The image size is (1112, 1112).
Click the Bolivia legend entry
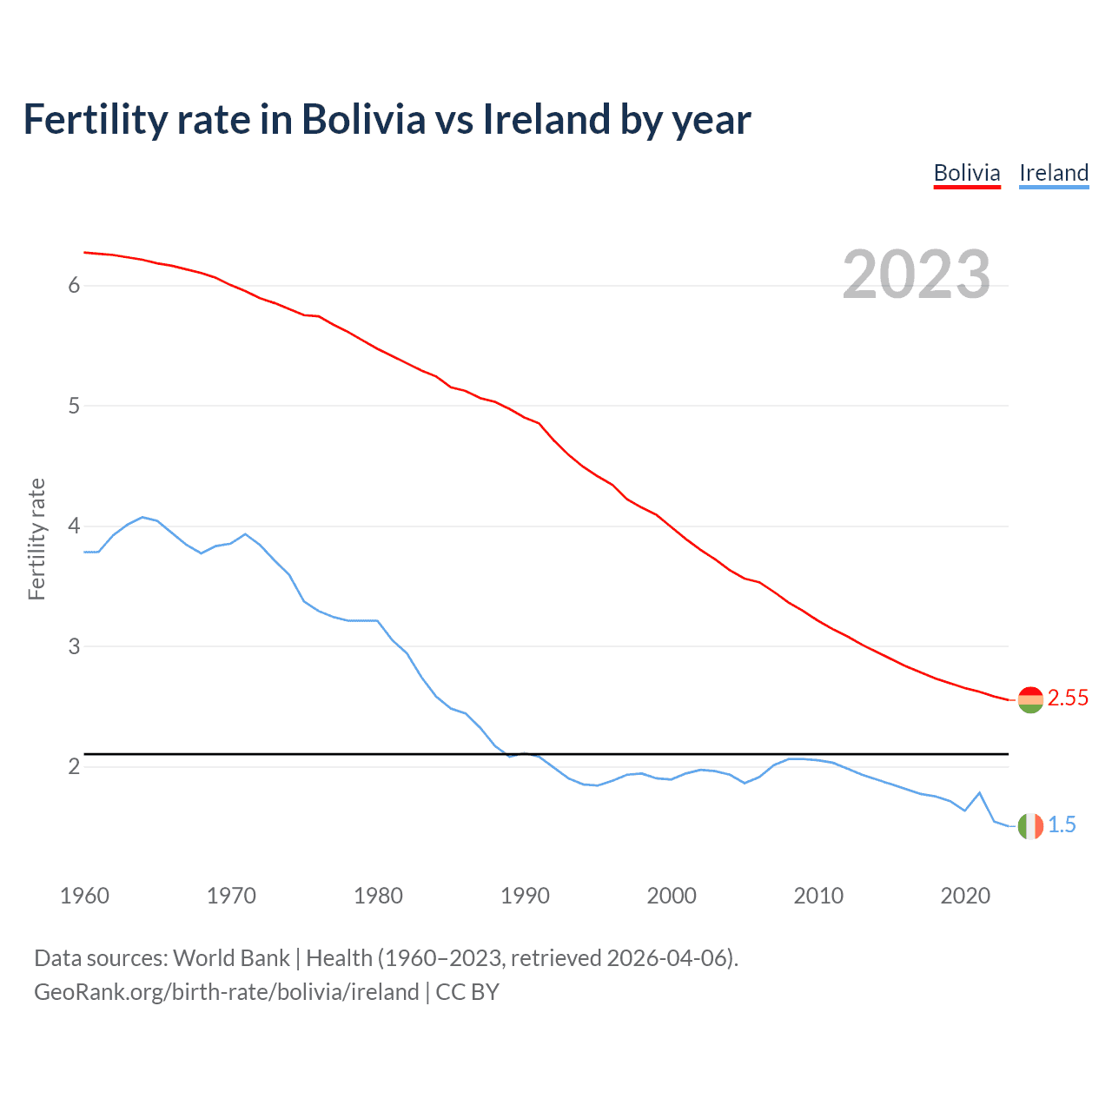click(967, 173)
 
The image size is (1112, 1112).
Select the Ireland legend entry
click(1054, 173)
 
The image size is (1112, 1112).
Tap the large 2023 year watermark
click(916, 275)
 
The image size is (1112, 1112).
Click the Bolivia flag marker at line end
click(1030, 699)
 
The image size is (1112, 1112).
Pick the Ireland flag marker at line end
click(1030, 826)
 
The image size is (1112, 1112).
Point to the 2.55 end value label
click(1068, 698)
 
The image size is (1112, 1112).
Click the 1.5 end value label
click(1062, 825)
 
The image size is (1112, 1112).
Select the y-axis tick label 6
click(74, 286)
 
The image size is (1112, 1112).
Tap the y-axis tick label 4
click(74, 526)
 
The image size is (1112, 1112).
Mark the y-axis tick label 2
click(74, 767)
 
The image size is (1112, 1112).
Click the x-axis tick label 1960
click(84, 896)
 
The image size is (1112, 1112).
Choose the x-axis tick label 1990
click(525, 896)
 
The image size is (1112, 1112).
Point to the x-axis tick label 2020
click(965, 896)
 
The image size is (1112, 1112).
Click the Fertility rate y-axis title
click(36, 539)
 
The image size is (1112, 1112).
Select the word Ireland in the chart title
click(546, 119)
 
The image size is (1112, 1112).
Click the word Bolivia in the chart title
click(363, 119)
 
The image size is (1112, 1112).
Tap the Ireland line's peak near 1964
click(142, 517)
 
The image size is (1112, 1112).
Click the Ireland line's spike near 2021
click(980, 792)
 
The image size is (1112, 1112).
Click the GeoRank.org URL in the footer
click(226, 992)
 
